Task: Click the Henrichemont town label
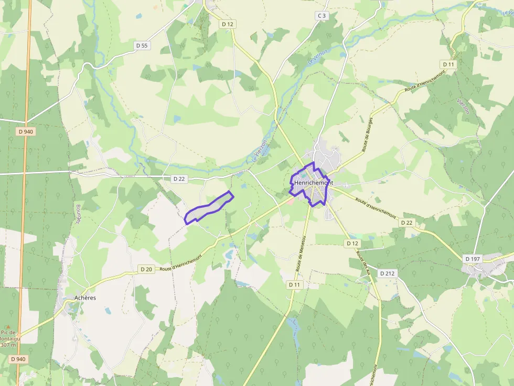[x=314, y=183]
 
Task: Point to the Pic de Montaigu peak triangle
[x=7, y=326]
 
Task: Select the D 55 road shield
[x=142, y=46]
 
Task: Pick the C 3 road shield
[x=322, y=16]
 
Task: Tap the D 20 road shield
[x=146, y=269]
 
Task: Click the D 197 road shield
[x=473, y=259]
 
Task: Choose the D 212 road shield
[x=387, y=273]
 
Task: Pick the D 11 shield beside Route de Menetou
[x=295, y=284]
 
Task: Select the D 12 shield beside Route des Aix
[x=352, y=244]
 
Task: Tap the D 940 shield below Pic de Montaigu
[x=18, y=359]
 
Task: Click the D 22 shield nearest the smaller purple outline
[x=179, y=179]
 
